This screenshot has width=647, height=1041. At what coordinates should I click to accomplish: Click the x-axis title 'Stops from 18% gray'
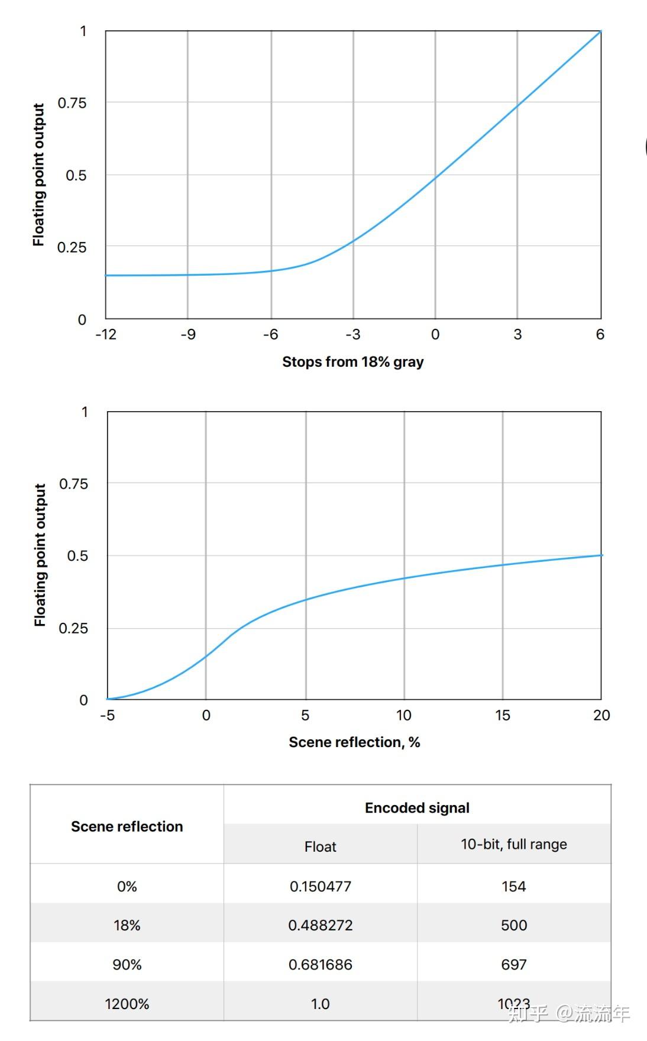pyautogui.click(x=352, y=361)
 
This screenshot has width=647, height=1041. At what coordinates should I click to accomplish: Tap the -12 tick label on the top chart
pyautogui.click(x=106, y=334)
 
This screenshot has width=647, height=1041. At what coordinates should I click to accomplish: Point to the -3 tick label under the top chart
pyautogui.click(x=352, y=334)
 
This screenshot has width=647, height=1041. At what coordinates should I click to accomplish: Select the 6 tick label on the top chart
pyautogui.click(x=600, y=334)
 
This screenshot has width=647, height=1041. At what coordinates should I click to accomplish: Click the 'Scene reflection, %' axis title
pyautogui.click(x=354, y=742)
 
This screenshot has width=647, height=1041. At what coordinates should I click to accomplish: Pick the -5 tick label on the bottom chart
pyautogui.click(x=107, y=715)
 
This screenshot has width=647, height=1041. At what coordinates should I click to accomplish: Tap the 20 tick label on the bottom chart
pyautogui.click(x=601, y=715)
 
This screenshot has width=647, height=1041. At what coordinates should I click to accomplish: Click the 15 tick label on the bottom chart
pyautogui.click(x=502, y=715)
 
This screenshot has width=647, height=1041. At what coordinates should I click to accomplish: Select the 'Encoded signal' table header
pyautogui.click(x=417, y=807)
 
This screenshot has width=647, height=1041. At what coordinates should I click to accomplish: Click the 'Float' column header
pyautogui.click(x=320, y=846)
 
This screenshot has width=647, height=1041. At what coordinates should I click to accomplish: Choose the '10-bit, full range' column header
pyautogui.click(x=513, y=844)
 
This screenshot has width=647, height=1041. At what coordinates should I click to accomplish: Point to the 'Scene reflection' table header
pyautogui.click(x=127, y=826)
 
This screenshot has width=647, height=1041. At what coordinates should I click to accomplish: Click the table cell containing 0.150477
pyautogui.click(x=320, y=886)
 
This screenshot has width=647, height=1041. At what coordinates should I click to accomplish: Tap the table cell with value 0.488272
pyautogui.click(x=320, y=925)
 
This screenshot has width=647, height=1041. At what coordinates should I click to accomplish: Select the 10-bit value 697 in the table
pyautogui.click(x=513, y=965)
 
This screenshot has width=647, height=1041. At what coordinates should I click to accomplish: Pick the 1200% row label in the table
pyautogui.click(x=127, y=1004)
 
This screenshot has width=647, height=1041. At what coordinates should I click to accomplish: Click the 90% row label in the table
pyautogui.click(x=127, y=965)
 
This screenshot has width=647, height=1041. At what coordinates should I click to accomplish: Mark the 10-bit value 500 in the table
pyautogui.click(x=513, y=925)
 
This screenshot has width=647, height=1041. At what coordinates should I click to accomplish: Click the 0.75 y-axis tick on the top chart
pyautogui.click(x=72, y=103)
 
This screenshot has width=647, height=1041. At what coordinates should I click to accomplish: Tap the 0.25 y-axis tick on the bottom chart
pyautogui.click(x=73, y=628)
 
